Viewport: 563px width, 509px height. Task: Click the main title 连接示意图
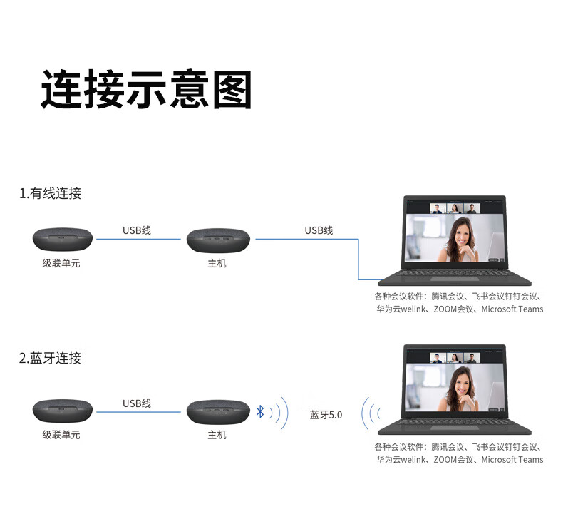pos(146,89)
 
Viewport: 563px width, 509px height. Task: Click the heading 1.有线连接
pos(51,193)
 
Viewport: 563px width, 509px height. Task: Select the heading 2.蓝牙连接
pos(51,358)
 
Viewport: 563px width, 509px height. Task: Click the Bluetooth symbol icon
pos(261,411)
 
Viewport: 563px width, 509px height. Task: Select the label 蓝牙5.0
pos(326,415)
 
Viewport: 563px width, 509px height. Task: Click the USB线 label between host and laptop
pos(319,230)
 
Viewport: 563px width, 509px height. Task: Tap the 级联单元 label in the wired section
pos(61,264)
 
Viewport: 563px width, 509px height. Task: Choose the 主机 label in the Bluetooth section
pos(217,434)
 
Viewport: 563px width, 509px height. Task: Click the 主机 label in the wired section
pos(217,264)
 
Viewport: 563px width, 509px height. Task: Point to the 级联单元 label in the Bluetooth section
pos(61,434)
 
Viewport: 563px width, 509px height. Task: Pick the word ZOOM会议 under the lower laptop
pos(453,460)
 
